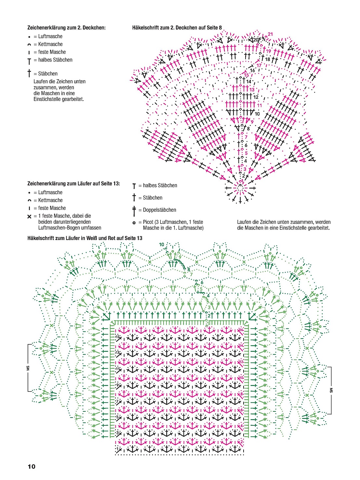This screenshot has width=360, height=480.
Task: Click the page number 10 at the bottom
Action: (x=32, y=467)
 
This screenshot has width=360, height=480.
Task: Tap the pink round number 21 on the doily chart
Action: (x=270, y=34)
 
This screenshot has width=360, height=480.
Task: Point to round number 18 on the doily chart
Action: (x=268, y=59)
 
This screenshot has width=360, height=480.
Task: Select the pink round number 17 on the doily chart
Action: (x=259, y=65)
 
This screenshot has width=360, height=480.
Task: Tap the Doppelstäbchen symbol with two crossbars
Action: (x=134, y=211)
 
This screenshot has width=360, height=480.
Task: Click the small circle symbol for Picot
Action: (x=134, y=223)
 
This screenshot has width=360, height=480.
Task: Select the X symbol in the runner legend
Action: (x=30, y=216)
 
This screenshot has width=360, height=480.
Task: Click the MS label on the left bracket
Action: (x=28, y=368)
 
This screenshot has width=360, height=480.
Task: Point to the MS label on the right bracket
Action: (x=331, y=390)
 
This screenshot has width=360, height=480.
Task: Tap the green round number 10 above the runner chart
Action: (x=162, y=245)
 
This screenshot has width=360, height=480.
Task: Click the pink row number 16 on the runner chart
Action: (x=241, y=330)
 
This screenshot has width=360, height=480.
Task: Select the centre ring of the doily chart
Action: (x=240, y=188)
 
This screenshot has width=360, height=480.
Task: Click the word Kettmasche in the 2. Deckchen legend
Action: (x=50, y=44)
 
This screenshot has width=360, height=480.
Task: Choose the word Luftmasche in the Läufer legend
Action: (x=50, y=193)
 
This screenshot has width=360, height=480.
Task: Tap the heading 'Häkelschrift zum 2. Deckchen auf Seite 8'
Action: (x=177, y=28)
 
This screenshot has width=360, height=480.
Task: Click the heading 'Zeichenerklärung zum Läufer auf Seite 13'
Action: (x=73, y=184)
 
